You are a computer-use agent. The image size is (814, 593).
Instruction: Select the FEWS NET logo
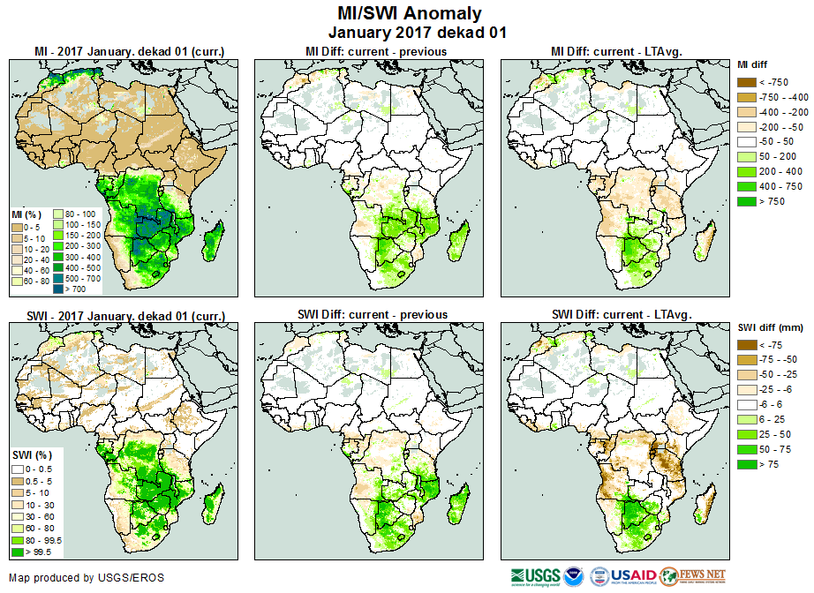pyautogui.click(x=693, y=577)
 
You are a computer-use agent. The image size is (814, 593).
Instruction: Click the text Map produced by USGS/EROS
pyautogui.click(x=87, y=578)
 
